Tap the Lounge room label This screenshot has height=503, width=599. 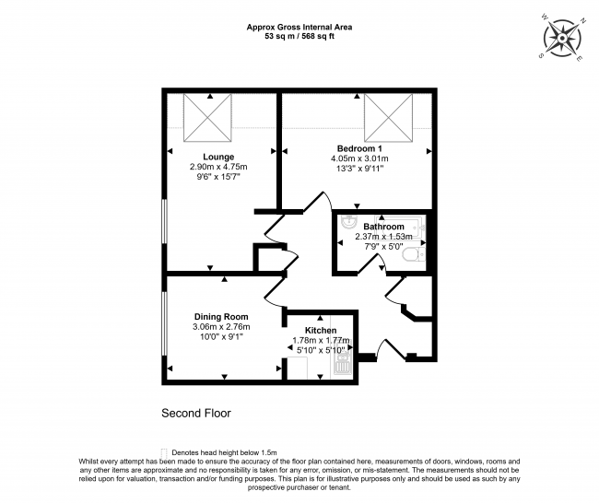(x=218, y=157)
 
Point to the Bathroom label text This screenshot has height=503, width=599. (x=383, y=227)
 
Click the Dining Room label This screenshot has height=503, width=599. (x=220, y=317)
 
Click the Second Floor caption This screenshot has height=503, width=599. (x=195, y=414)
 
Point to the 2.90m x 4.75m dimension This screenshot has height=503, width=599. (x=218, y=167)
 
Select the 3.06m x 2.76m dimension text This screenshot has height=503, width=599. (x=220, y=327)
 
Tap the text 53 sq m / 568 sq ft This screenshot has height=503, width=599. (x=299, y=37)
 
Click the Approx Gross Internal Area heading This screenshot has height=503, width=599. (x=299, y=27)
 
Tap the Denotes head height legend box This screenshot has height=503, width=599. (x=165, y=451)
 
